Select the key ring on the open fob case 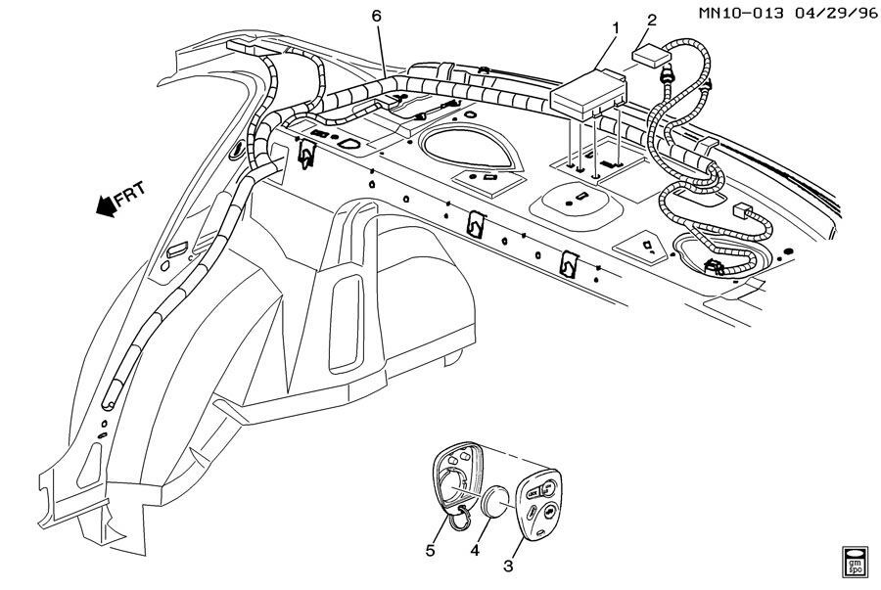coord(457,516)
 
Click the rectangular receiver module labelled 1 coord(587,90)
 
